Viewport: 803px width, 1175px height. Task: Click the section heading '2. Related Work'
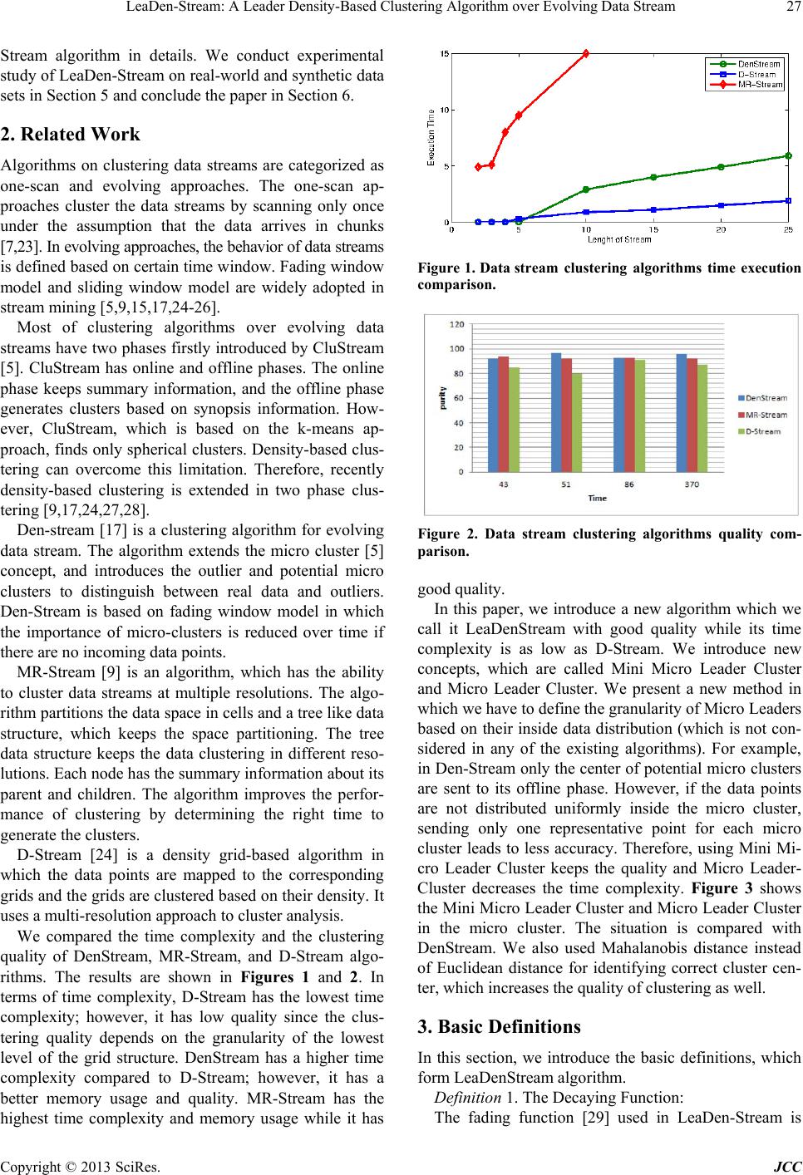(70, 135)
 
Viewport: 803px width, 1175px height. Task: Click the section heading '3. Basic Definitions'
(499, 1026)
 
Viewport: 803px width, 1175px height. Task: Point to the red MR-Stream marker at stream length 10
(586, 53)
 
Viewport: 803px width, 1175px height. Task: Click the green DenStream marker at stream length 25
(788, 155)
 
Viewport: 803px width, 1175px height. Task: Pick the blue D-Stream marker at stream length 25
(788, 200)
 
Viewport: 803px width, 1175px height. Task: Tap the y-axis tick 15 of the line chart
(445, 54)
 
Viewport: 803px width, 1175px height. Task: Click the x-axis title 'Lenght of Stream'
(620, 240)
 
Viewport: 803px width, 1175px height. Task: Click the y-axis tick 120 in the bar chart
(457, 323)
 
